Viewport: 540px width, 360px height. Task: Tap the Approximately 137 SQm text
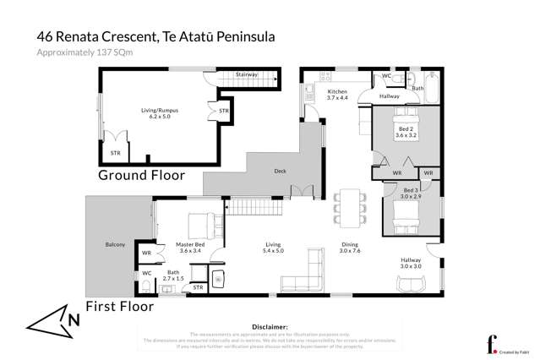(x=84, y=52)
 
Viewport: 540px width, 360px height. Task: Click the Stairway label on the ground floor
(x=246, y=74)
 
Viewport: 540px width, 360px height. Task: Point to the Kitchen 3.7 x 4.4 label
(x=338, y=94)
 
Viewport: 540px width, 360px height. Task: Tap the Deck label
(x=280, y=171)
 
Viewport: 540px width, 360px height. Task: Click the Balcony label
(x=116, y=244)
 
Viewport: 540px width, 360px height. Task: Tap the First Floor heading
(x=120, y=306)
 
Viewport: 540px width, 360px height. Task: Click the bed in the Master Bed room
(x=201, y=224)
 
